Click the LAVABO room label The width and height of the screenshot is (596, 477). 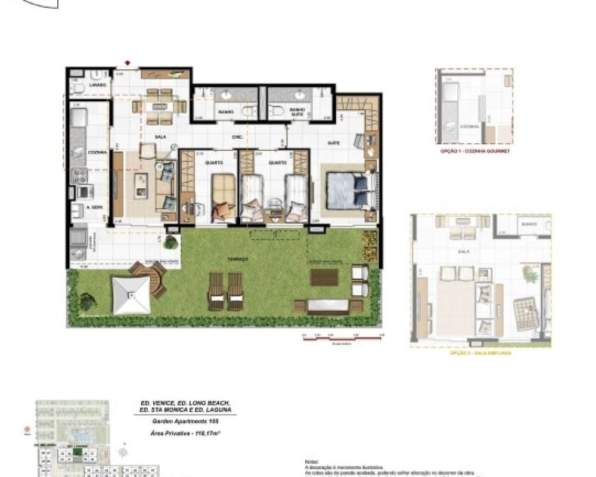pyautogui.click(x=82, y=85)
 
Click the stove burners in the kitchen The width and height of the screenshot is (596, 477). pyautogui.click(x=80, y=175)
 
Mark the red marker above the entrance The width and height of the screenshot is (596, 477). pyautogui.click(x=127, y=62)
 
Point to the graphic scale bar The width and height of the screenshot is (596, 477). pyautogui.click(x=342, y=336)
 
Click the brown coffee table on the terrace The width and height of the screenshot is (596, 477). pyautogui.click(x=324, y=277)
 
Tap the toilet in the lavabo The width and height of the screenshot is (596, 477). pyautogui.click(x=77, y=89)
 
